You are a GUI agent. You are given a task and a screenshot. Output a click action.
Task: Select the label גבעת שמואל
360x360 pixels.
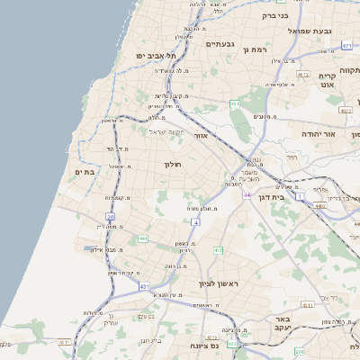(x=292, y=31)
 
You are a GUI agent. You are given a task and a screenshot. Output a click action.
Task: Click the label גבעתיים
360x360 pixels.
(x=220, y=43)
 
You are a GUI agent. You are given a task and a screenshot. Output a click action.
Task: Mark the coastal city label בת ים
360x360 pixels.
(x=85, y=172)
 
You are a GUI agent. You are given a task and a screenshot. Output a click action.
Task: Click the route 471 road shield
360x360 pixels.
(x=347, y=44)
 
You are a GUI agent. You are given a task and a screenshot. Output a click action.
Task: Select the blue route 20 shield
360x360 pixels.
(x=110, y=217)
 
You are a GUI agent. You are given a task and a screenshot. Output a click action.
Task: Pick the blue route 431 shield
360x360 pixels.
(x=144, y=286)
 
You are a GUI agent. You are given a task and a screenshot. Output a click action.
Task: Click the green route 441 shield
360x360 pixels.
(x=143, y=238)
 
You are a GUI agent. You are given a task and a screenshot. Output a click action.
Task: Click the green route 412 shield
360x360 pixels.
(x=219, y=249)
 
